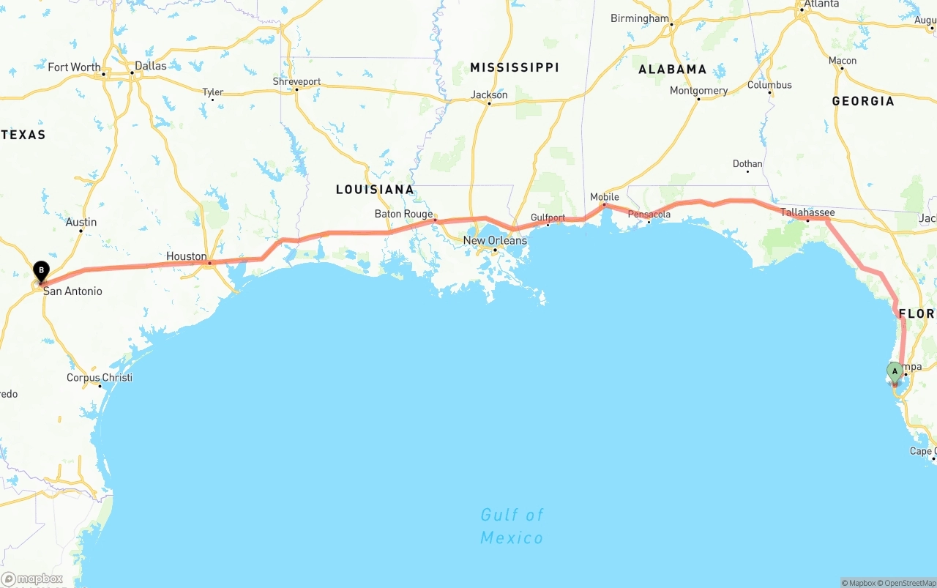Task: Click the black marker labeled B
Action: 41,272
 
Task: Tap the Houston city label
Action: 186,256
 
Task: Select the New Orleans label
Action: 495,240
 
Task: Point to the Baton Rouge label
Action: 403,214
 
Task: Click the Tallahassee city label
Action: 807,212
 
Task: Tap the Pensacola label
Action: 649,215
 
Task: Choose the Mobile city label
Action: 605,197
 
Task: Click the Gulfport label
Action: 548,217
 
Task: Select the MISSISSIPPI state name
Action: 515,67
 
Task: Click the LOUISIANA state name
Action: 375,190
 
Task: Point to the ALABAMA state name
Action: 672,70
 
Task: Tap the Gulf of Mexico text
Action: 512,526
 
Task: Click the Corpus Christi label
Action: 100,378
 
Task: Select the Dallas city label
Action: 150,65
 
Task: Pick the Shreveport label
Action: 296,81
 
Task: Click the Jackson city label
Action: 489,94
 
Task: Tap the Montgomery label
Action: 698,91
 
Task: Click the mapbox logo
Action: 32,578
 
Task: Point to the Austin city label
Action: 81,222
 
